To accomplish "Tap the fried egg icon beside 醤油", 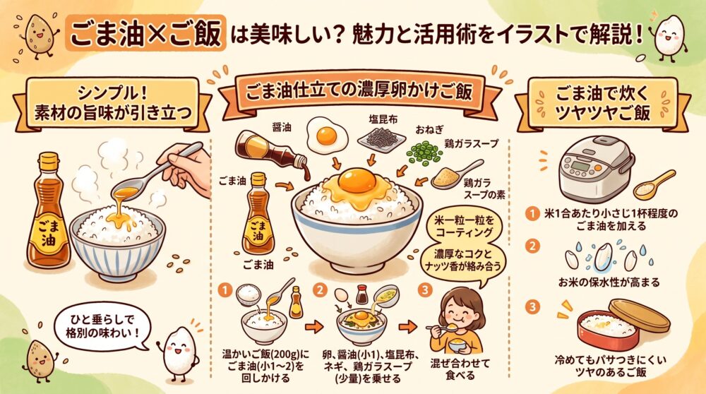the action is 327,134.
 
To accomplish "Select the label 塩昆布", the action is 383,120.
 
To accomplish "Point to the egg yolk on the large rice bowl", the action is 357,179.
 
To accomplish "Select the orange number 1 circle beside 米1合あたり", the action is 532,213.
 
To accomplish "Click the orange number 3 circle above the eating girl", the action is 424,290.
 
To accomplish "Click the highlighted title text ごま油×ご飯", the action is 146,34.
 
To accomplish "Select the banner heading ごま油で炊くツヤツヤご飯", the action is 602,103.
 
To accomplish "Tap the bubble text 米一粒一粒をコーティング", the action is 464,227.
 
